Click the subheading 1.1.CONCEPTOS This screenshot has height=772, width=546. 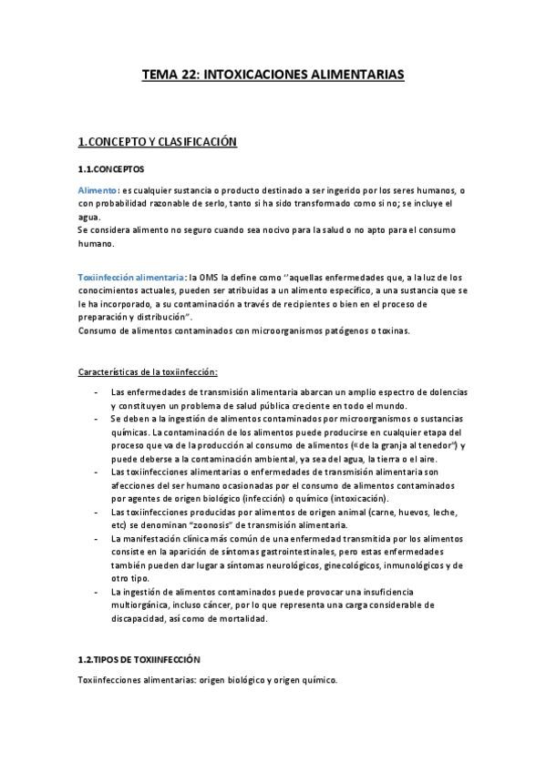tap(110, 168)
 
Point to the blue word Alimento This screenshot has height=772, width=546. tap(98, 189)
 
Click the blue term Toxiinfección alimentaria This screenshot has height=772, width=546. tap(130, 277)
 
